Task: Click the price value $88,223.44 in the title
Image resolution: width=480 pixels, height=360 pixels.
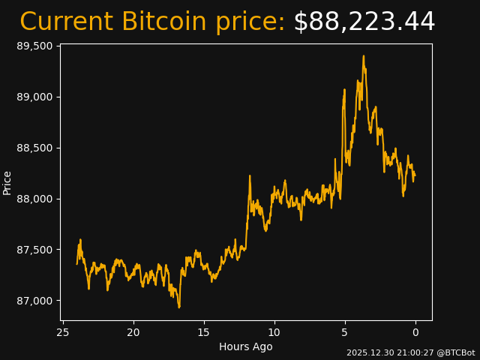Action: pyautogui.click(x=364, y=22)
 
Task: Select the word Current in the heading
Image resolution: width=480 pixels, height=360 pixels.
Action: pyautogui.click(x=66, y=22)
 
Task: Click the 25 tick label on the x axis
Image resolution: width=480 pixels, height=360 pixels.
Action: pyautogui.click(x=63, y=332)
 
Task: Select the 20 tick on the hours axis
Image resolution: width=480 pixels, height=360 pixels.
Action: pyautogui.click(x=133, y=332)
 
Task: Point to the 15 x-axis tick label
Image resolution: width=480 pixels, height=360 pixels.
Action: pyautogui.click(x=204, y=332)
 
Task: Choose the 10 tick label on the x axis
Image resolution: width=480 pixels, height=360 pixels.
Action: pyautogui.click(x=274, y=332)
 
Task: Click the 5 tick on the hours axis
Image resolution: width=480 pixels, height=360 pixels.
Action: pyautogui.click(x=345, y=332)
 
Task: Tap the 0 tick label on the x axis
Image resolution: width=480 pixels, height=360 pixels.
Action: pyautogui.click(x=415, y=332)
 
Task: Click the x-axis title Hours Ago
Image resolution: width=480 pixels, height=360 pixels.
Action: pyautogui.click(x=245, y=346)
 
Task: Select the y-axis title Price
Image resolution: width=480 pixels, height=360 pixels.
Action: pyautogui.click(x=7, y=182)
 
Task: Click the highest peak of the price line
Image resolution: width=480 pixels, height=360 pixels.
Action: pyautogui.click(x=364, y=55)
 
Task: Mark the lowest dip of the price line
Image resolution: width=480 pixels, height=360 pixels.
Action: pyautogui.click(x=179, y=307)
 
